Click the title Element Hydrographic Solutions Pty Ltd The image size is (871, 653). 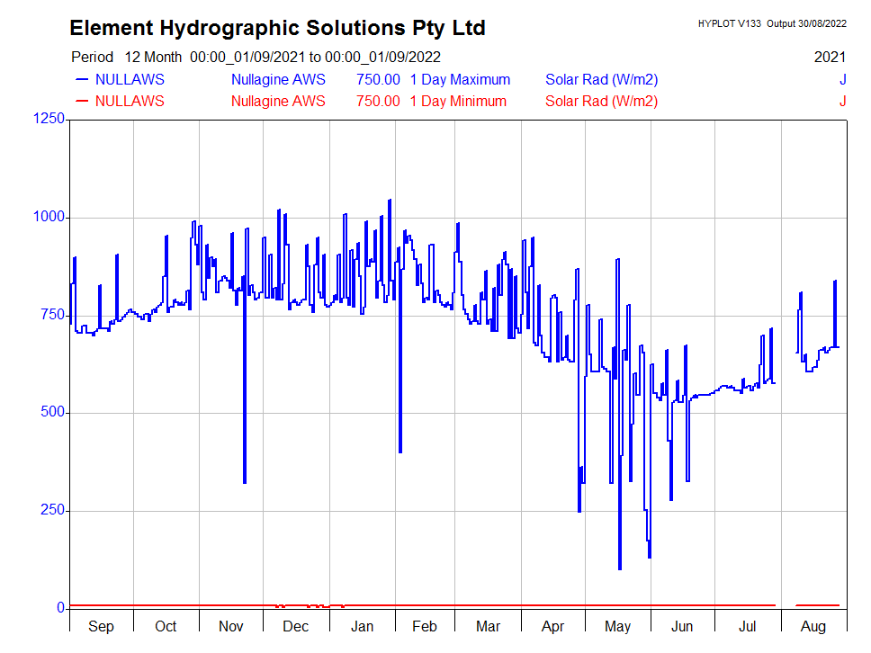[277, 28]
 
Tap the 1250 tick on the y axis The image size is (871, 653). [49, 119]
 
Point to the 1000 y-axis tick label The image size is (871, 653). [49, 217]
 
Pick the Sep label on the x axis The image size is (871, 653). [101, 626]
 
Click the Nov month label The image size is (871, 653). [230, 626]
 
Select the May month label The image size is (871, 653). [617, 626]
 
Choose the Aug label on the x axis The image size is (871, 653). [813, 626]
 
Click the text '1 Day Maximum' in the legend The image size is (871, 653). [460, 79]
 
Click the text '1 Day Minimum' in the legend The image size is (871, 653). [458, 101]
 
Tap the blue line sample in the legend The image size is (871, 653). [82, 79]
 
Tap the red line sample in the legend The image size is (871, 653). [82, 101]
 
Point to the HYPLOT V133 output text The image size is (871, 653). [772, 23]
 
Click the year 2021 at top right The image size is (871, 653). [830, 57]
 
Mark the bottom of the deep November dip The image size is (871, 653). [245, 483]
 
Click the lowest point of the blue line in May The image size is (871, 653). [619, 568]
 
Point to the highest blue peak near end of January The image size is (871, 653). [390, 200]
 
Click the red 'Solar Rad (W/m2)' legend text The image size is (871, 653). [601, 101]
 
